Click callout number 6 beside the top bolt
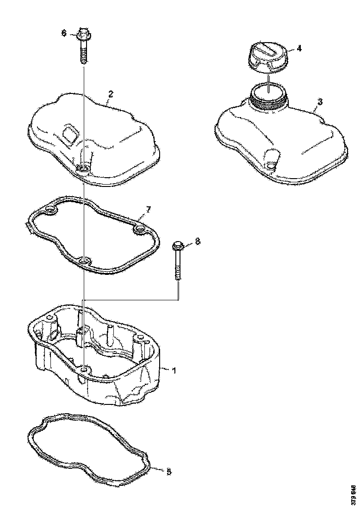click(x=64, y=33)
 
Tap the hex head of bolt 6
click(x=84, y=33)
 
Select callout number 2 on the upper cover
click(x=111, y=93)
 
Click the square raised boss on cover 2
click(x=71, y=134)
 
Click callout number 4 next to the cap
click(x=299, y=48)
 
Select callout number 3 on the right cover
click(x=320, y=100)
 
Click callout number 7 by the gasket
click(x=148, y=210)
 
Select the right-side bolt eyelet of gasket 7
click(x=138, y=230)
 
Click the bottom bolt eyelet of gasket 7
click(x=84, y=263)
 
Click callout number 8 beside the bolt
click(x=198, y=241)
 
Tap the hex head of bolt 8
click(x=179, y=244)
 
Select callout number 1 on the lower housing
click(x=174, y=370)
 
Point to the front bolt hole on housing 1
click(x=83, y=370)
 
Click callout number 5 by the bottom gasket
click(x=169, y=472)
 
